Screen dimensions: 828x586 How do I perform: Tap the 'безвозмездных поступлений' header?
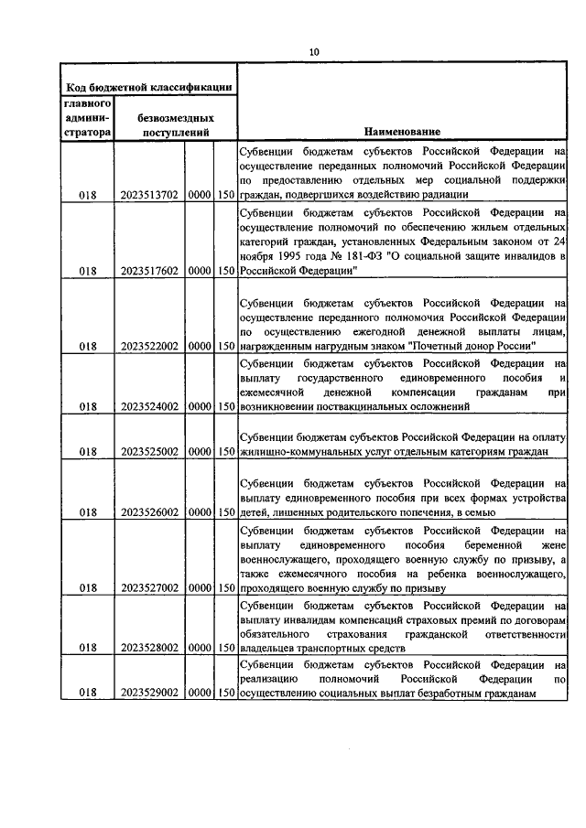[176, 124]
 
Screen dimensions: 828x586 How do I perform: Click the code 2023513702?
[148, 194]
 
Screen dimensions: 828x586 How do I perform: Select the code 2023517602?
[148, 271]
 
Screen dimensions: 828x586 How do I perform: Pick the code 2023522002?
[148, 347]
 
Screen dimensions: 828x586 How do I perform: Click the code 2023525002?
[148, 451]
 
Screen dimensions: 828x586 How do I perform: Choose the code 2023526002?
[148, 513]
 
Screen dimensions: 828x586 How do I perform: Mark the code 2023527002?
[148, 587]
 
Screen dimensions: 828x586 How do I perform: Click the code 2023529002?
[148, 694]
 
